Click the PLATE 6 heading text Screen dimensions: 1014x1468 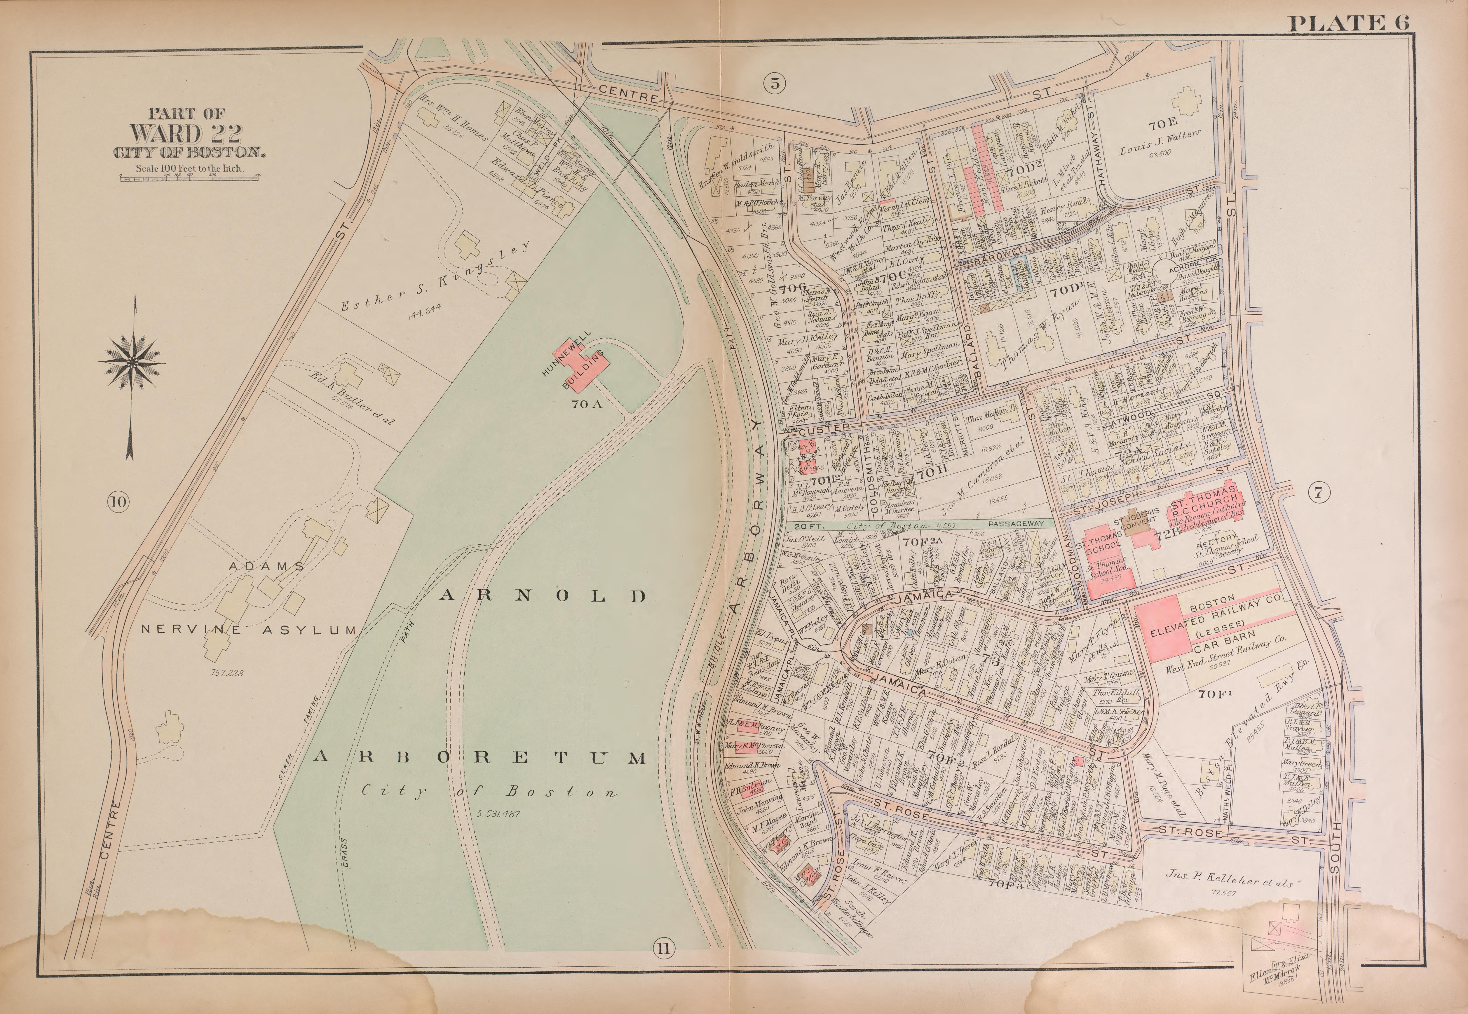(1348, 23)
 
